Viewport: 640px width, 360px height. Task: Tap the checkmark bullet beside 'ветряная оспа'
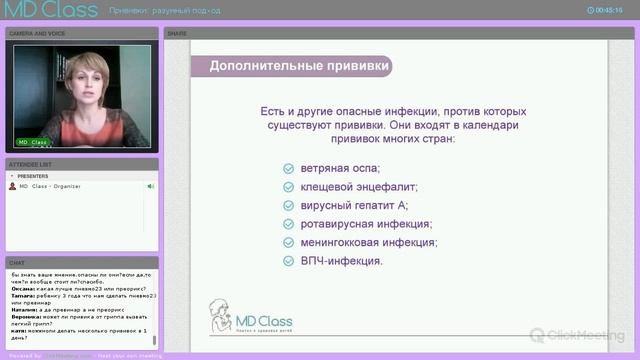point(288,168)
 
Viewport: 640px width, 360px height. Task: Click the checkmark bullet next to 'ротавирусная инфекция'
point(288,224)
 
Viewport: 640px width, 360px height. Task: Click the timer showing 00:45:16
point(608,9)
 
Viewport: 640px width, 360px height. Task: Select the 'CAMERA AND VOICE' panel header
point(37,33)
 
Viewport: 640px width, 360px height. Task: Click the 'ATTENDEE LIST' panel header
point(31,163)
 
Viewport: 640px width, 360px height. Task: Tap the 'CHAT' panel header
point(17,263)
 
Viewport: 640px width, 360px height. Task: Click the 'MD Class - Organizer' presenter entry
point(49,186)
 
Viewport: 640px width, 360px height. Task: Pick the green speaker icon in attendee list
point(151,186)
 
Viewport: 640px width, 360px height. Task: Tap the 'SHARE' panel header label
point(177,33)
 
